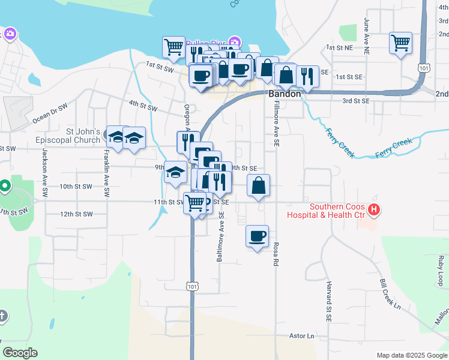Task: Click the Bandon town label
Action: [x=285, y=94]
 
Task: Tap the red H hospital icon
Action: [x=374, y=209]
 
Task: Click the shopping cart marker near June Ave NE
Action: [x=400, y=43]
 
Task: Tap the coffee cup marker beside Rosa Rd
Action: [x=257, y=236]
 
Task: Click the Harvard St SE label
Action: [x=329, y=300]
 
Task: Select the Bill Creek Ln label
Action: [x=390, y=293]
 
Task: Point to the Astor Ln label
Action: [x=302, y=336]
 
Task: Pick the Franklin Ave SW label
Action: [x=106, y=174]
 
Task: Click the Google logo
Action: [x=20, y=353]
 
